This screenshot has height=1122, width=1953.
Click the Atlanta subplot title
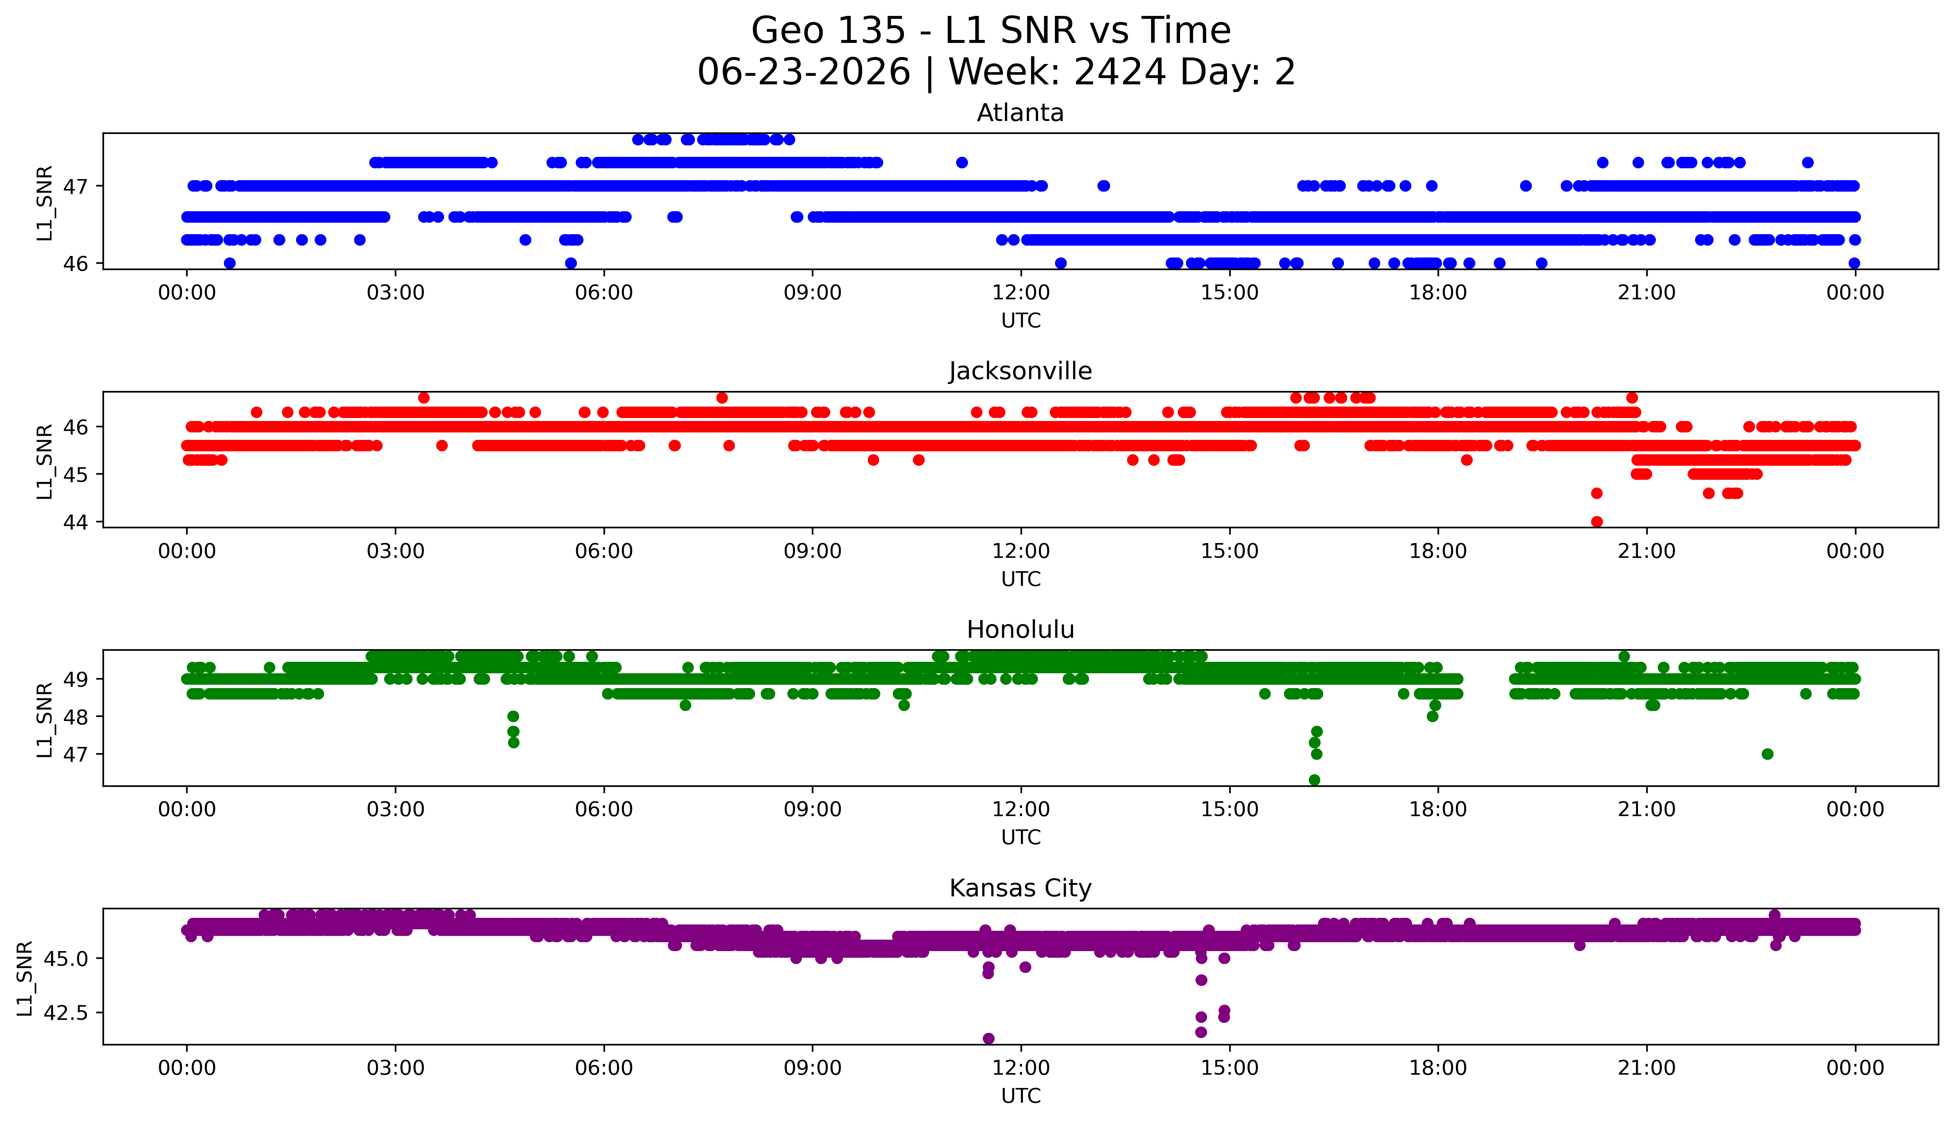[x=1021, y=113]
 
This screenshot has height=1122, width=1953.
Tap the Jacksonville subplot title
[x=1021, y=371]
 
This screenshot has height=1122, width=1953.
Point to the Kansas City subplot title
[x=1021, y=889]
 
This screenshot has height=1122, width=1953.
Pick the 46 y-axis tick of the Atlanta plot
[x=77, y=263]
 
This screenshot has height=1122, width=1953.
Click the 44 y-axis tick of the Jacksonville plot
[x=77, y=522]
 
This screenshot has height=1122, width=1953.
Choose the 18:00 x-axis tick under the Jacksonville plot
[x=1438, y=551]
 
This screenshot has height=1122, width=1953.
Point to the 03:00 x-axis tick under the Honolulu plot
[x=396, y=809]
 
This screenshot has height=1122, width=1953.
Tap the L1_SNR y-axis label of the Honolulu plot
[x=45, y=719]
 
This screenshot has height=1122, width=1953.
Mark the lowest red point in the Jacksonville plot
[x=1597, y=522]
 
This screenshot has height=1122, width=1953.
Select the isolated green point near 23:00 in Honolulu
[x=1768, y=754]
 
